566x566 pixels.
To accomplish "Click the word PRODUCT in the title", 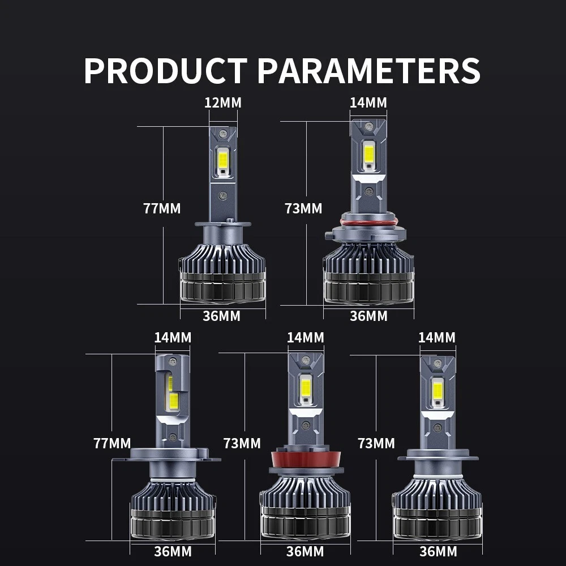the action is [166, 71].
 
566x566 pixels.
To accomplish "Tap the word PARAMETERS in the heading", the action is [368, 71].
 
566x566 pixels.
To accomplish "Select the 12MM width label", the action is [223, 103].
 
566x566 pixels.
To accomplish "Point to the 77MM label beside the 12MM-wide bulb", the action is [162, 209].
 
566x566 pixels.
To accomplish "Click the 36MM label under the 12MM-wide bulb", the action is [222, 316].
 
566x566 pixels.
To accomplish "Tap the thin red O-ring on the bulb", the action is [369, 221].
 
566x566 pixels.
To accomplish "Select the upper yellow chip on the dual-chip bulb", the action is [170, 383].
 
